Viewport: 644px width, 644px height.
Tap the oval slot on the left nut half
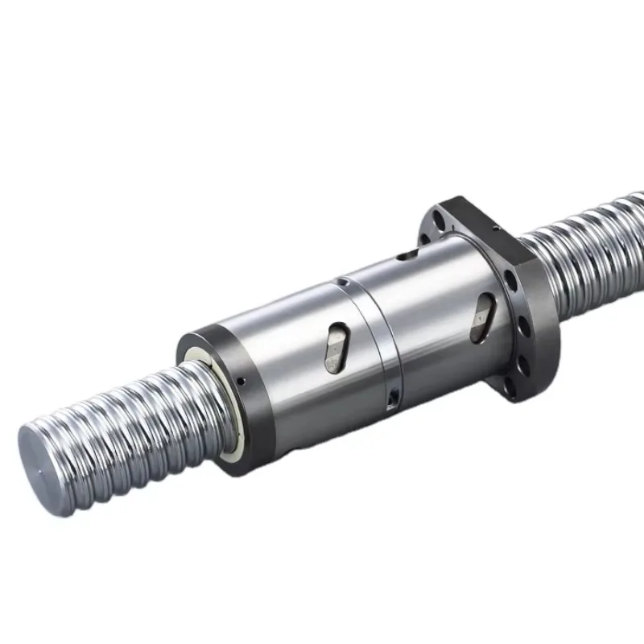tap(337, 349)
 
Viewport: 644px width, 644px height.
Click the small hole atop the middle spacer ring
tap(343, 283)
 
